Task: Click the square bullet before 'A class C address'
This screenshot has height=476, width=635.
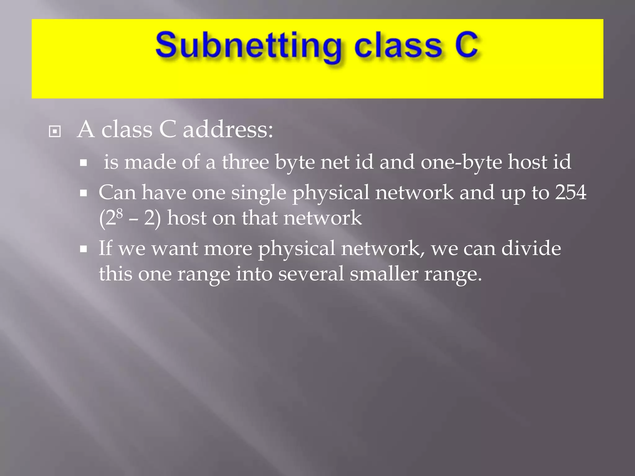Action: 55,132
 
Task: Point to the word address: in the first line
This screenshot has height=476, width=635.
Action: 228,130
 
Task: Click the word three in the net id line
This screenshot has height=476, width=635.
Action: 245,162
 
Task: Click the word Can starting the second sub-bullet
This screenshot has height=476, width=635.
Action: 117,192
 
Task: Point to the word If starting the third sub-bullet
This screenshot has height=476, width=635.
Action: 105,248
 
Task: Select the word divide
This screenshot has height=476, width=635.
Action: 531,248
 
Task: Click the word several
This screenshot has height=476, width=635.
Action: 311,274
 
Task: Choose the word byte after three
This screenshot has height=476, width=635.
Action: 295,163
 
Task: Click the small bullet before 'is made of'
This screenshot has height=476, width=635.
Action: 83,163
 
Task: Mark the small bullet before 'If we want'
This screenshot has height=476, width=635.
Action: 83,249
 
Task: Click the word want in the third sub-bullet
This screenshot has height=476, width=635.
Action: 175,249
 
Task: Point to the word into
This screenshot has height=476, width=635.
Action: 254,274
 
